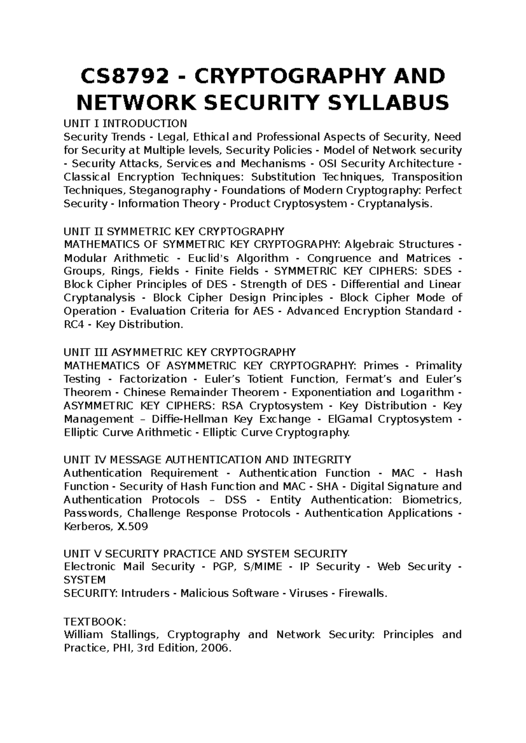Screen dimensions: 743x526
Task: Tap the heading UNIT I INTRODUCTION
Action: coord(125,123)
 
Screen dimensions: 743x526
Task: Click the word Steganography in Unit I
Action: coord(170,191)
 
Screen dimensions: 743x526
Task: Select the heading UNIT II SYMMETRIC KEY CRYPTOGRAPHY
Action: coord(174,231)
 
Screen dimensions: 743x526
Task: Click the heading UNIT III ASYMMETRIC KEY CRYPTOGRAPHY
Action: coord(180,352)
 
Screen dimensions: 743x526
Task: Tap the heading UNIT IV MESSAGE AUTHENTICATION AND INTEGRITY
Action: coord(207,460)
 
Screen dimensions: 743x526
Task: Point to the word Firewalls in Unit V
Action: coord(366,594)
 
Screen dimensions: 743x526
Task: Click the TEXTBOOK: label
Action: coord(95,621)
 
